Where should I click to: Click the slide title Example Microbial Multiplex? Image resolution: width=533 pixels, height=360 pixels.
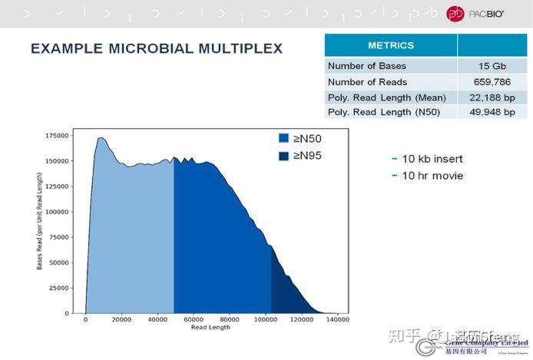[157, 48]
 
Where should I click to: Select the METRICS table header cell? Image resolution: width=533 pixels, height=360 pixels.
[391, 45]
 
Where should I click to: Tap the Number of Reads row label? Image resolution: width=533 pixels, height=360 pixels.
[367, 82]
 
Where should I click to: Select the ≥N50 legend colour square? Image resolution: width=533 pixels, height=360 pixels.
[283, 139]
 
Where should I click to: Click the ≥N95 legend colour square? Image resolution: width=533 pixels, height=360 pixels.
[283, 156]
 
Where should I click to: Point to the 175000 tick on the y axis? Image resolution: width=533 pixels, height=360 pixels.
[58, 135]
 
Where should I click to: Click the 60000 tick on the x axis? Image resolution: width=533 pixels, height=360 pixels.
[193, 320]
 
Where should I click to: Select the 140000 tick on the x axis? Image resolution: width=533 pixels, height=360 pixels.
[337, 320]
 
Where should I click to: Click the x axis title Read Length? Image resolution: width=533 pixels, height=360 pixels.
[210, 328]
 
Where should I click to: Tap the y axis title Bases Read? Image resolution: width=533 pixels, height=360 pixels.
[40, 221]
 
